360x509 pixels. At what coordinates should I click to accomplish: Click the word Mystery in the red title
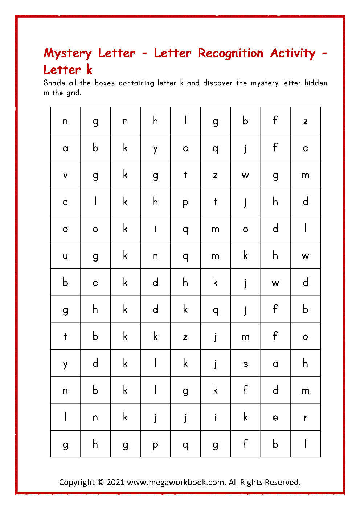pyautogui.click(x=67, y=54)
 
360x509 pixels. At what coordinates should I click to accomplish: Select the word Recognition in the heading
pyautogui.click(x=230, y=54)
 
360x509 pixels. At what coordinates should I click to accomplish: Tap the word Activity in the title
pyautogui.click(x=293, y=54)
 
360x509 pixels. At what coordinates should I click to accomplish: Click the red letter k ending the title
pyautogui.click(x=89, y=69)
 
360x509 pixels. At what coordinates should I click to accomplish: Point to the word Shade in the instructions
pyautogui.click(x=54, y=83)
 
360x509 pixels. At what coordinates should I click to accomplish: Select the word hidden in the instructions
pyautogui.click(x=316, y=83)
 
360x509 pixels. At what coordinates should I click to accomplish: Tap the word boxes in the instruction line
pyautogui.click(x=105, y=83)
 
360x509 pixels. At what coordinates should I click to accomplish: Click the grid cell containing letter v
pyautogui.click(x=65, y=175)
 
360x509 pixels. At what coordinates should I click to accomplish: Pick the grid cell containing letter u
pyautogui.click(x=65, y=256)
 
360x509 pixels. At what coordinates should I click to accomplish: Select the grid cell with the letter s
pyautogui.click(x=245, y=363)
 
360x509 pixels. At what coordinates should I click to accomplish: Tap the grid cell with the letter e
pyautogui.click(x=275, y=417)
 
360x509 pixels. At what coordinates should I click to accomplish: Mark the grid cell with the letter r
pyautogui.click(x=306, y=417)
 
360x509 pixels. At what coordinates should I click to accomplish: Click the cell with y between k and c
pyautogui.click(x=155, y=148)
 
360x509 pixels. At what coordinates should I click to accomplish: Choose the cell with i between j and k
pyautogui.click(x=216, y=417)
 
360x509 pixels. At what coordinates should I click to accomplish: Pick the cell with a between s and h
pyautogui.click(x=275, y=363)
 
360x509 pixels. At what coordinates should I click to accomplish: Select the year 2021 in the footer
pyautogui.click(x=116, y=483)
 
